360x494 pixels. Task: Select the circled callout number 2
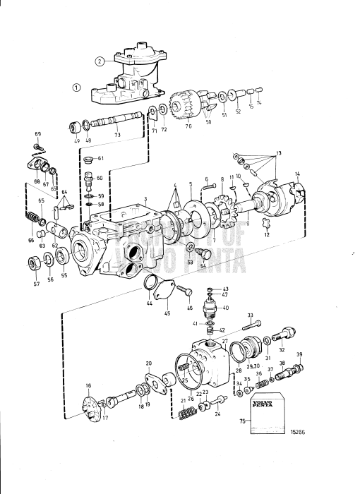pyautogui.click(x=100, y=61)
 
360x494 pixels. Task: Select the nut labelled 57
pyautogui.click(x=32, y=265)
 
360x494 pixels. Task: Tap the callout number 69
pyautogui.click(x=38, y=134)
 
